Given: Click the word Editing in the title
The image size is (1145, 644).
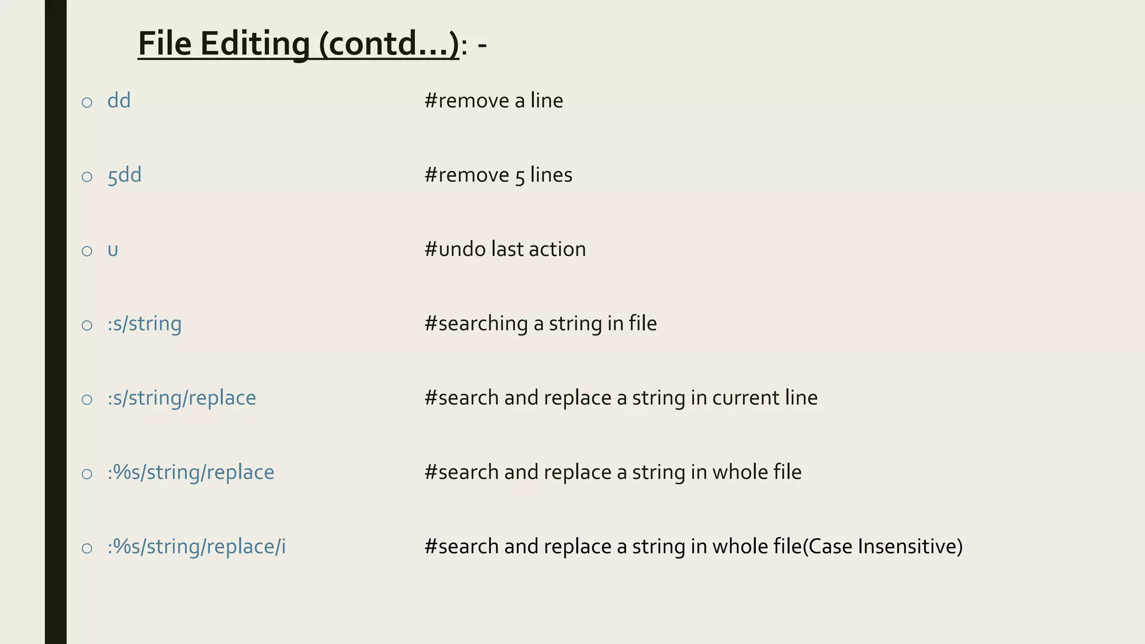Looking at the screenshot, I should [x=254, y=44].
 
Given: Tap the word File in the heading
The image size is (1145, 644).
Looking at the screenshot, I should [x=165, y=44].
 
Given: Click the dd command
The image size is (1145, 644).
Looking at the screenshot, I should [x=119, y=101].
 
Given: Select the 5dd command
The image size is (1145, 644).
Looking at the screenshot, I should [x=124, y=175].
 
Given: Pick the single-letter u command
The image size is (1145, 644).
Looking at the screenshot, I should [x=113, y=250].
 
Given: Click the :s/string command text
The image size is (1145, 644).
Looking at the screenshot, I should [x=144, y=324].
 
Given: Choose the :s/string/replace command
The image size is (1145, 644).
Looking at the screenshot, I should [x=182, y=398].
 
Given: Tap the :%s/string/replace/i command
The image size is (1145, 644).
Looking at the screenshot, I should [x=196, y=547].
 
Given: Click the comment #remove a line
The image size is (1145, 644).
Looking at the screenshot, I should [x=494, y=101].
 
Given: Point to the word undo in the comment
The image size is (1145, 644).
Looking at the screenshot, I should [x=462, y=249].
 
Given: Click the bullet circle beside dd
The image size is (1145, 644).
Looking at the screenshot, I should [x=87, y=102].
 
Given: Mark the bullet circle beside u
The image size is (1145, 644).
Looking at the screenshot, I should [x=87, y=251].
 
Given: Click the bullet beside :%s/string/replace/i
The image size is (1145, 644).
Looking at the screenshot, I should [x=87, y=548].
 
